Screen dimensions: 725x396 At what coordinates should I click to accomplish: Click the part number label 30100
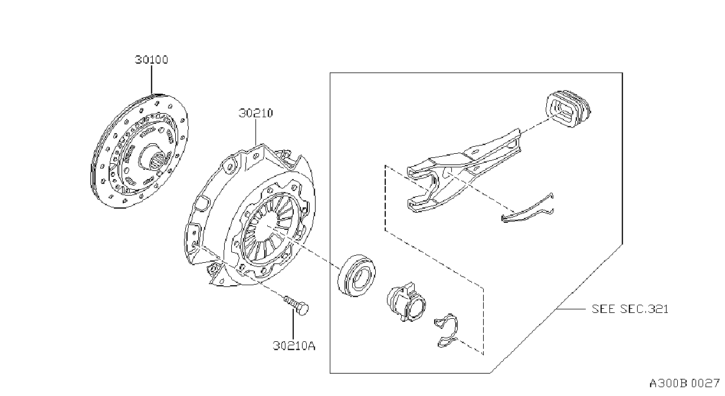pos(152,60)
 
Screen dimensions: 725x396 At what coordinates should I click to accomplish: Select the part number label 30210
pos(255,113)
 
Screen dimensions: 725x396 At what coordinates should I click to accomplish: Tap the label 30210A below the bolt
pos(294,345)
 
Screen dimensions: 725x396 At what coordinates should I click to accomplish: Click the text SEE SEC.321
pos(630,309)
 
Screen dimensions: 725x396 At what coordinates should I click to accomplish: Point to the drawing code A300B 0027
pos(684,384)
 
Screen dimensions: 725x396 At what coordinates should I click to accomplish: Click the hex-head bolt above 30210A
pos(296,305)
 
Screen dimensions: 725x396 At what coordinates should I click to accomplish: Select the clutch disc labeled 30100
pos(139,151)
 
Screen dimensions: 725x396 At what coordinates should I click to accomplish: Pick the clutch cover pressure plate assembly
pos(250,215)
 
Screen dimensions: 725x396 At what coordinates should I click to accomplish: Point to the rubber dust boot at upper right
pos(568,108)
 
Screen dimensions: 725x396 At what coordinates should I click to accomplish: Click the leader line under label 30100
pos(152,80)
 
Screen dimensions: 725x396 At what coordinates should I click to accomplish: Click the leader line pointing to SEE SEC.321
pos(571,309)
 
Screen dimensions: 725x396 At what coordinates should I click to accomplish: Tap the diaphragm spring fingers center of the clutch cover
pos(267,228)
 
